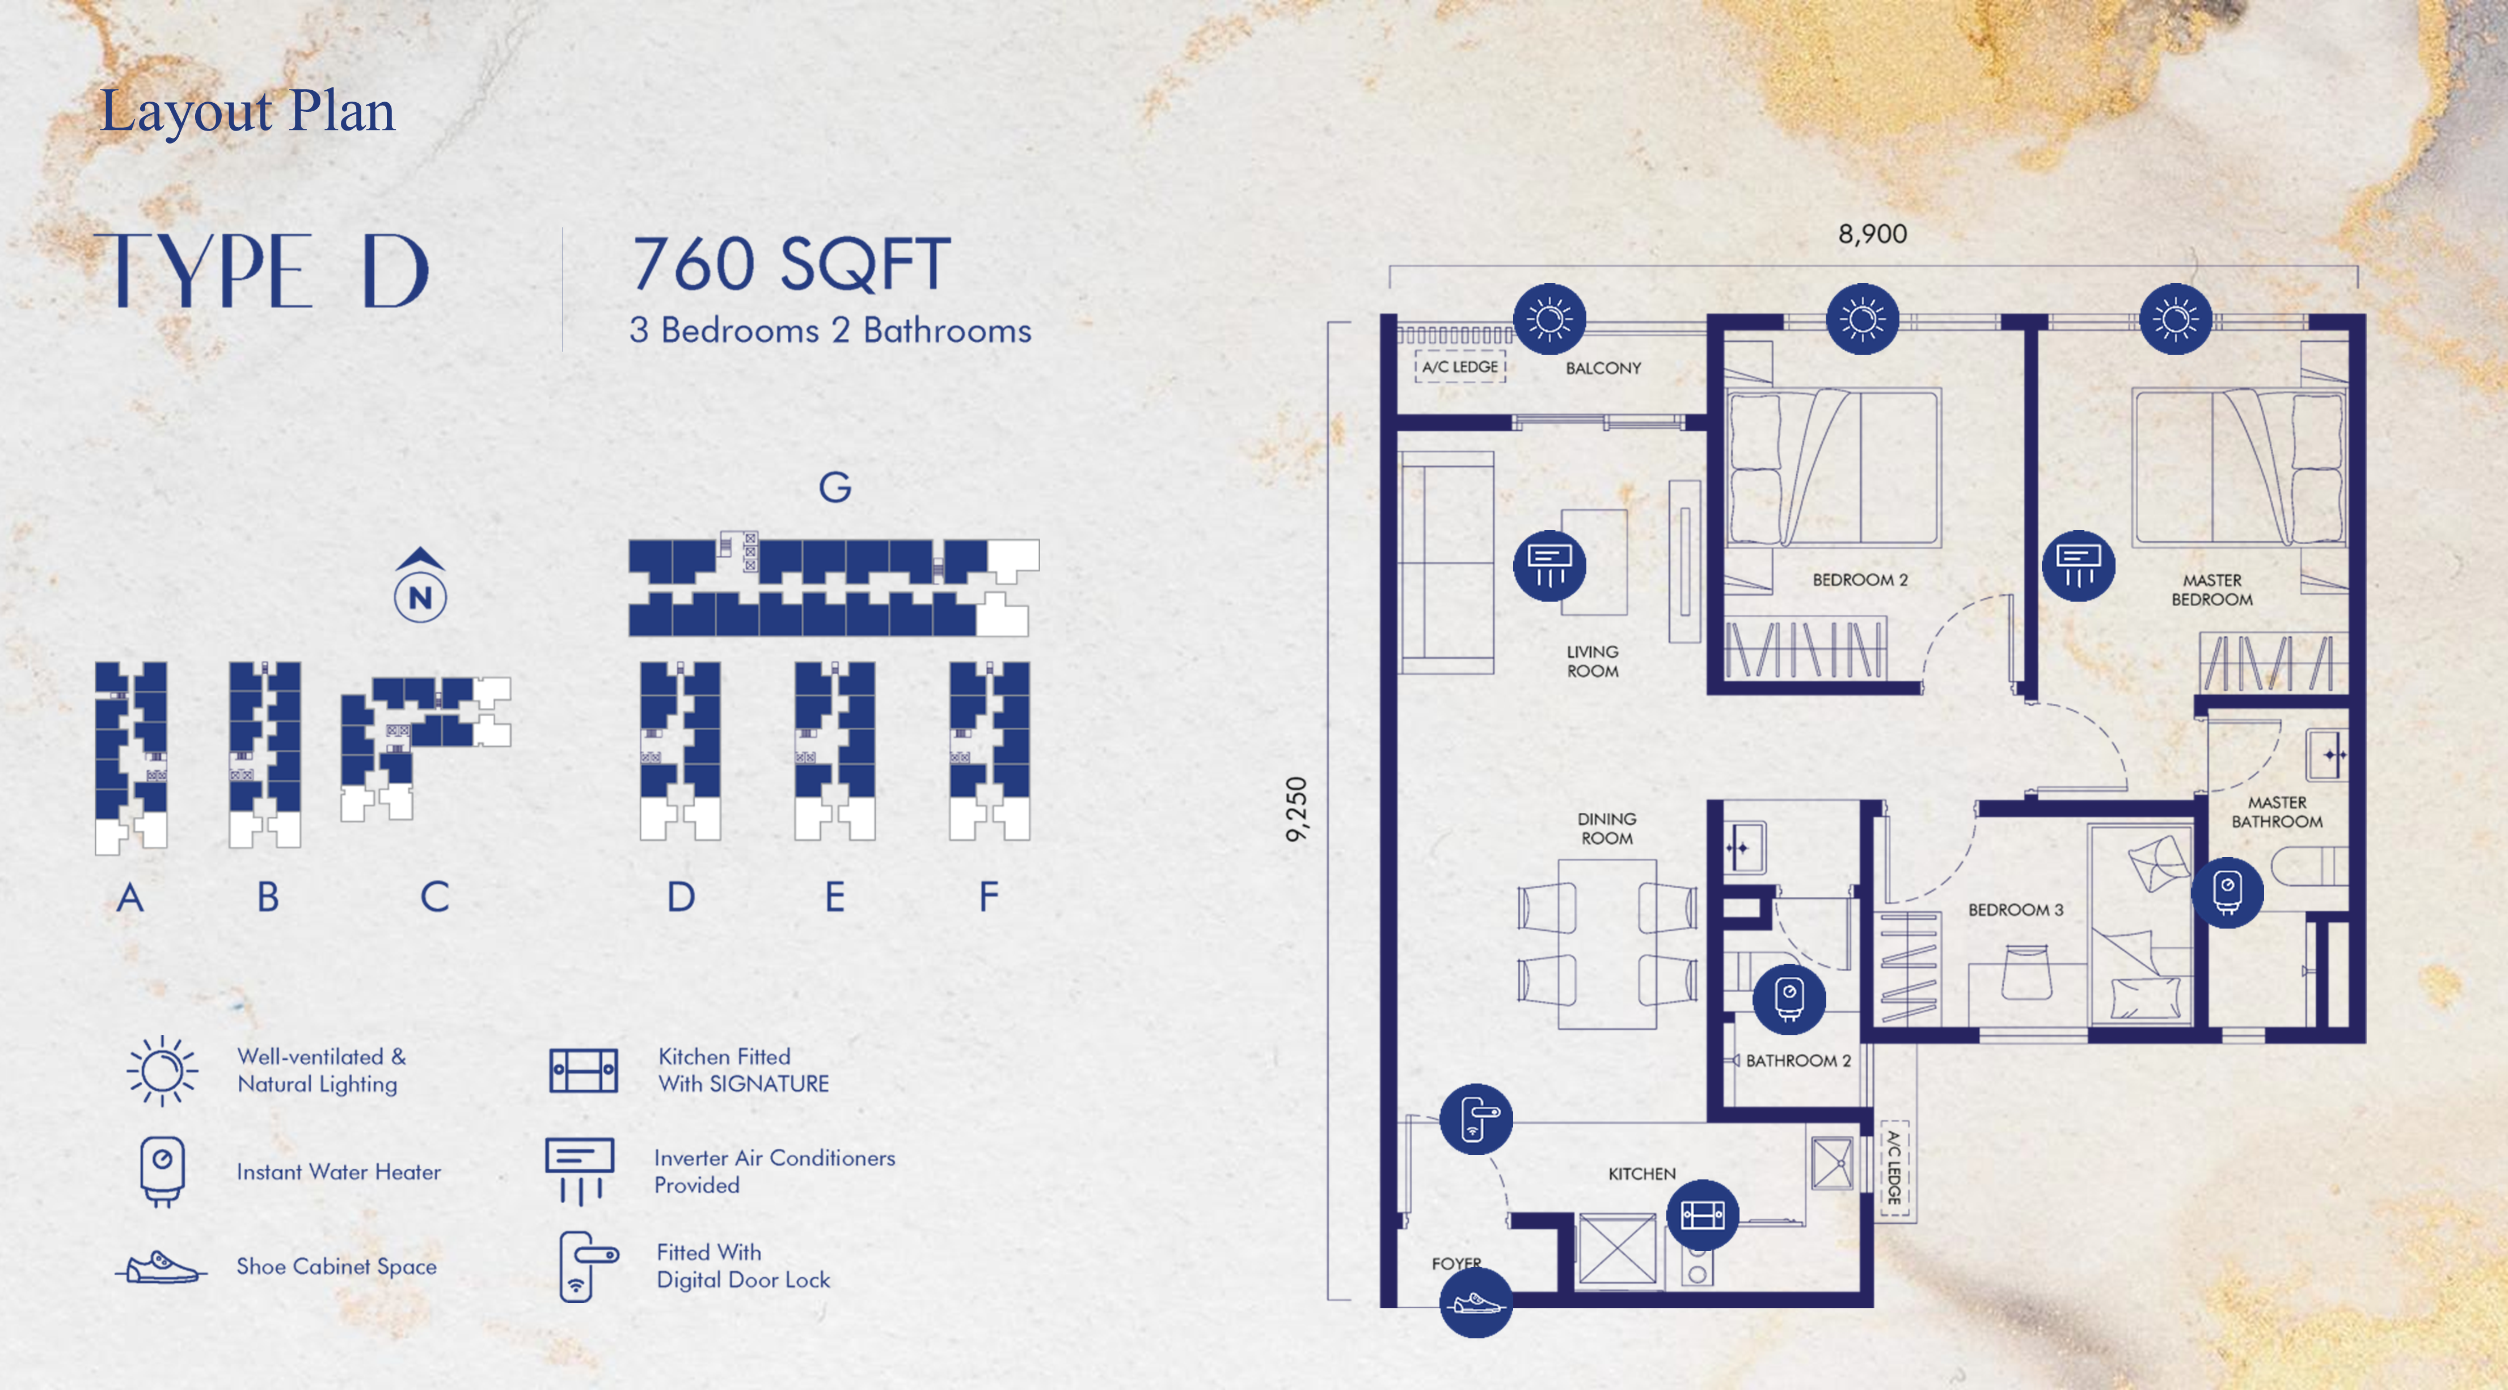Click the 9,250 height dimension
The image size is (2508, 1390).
click(1296, 808)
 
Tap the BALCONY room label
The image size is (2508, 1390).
click(1603, 368)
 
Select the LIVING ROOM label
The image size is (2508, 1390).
click(1593, 661)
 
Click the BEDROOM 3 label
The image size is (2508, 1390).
click(2015, 910)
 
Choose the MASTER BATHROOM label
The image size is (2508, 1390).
click(2276, 812)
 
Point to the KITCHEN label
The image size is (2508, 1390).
click(1641, 1174)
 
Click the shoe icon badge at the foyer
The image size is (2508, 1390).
click(1476, 1301)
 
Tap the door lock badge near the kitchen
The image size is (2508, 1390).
click(1476, 1119)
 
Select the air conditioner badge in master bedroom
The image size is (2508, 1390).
click(2078, 565)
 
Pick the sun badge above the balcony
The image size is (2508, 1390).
click(1549, 318)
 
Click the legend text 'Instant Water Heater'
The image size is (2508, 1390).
click(339, 1172)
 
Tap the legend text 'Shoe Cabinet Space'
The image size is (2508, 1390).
click(337, 1266)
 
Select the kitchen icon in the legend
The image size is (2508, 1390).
click(583, 1070)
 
